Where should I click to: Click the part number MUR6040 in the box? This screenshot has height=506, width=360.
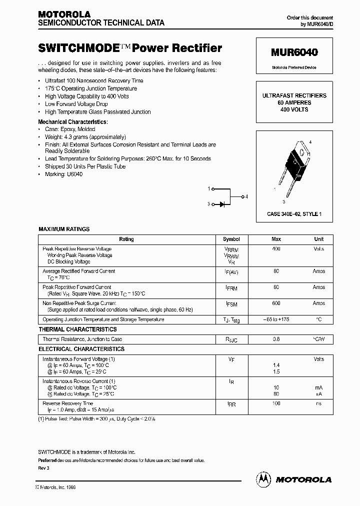[294, 52]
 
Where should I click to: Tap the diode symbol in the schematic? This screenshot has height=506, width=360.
[221, 204]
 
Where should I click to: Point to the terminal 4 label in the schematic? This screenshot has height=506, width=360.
[246, 196]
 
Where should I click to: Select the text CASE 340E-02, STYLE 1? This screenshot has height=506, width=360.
[294, 214]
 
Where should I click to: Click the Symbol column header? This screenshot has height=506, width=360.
[231, 239]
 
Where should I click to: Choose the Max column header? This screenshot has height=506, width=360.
[276, 239]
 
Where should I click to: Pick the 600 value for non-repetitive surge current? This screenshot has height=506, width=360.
[276, 303]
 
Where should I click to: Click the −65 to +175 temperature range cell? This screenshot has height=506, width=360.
[276, 319]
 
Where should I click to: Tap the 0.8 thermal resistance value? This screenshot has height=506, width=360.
[276, 339]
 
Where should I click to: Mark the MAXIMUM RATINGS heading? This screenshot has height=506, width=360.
[64, 229]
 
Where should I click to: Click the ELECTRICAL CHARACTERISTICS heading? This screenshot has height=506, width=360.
[81, 349]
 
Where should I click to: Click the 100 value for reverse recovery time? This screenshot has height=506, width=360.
[276, 403]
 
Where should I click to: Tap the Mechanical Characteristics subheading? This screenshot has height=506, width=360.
[72, 121]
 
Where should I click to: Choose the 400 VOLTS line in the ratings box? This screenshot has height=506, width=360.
[294, 109]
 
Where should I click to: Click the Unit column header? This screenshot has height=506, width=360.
[319, 239]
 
